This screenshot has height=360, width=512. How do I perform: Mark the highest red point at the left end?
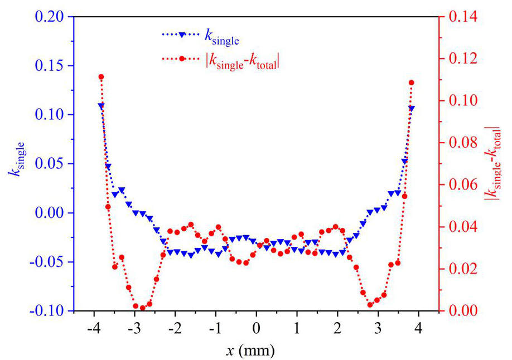[x=101, y=77]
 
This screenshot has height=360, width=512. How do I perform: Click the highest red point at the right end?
[x=411, y=82]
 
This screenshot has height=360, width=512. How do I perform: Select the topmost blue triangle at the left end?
[x=101, y=105]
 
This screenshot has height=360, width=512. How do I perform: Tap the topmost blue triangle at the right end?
[x=411, y=109]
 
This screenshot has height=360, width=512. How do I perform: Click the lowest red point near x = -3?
[x=142, y=308]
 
